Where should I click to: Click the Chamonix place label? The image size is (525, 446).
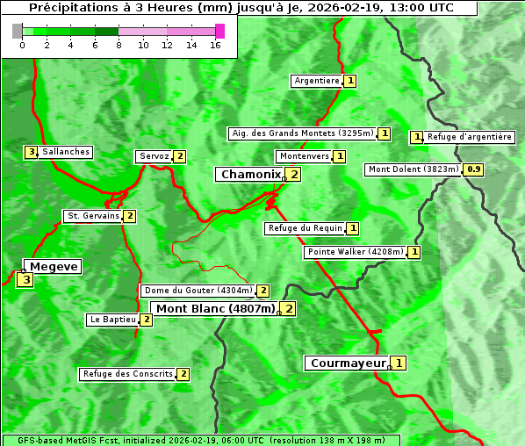(250, 175)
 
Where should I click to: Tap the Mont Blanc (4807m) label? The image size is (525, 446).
(216, 308)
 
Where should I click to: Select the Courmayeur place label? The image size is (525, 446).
(349, 363)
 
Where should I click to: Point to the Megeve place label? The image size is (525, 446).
(54, 267)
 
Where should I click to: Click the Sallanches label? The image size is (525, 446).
(66, 152)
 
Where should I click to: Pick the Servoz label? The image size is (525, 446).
(154, 156)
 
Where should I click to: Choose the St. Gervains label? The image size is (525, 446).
(93, 216)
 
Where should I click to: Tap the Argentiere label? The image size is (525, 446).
(317, 81)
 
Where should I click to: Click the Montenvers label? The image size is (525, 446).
(304, 156)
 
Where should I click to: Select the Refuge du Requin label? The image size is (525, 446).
(305, 228)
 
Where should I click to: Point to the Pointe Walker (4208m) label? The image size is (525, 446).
(356, 252)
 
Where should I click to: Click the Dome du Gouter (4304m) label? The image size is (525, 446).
(198, 291)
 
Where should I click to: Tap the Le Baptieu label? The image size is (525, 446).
(113, 320)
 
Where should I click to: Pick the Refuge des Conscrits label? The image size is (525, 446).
(128, 374)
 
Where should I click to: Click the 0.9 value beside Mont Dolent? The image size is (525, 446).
(474, 169)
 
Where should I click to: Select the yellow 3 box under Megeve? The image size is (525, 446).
(25, 281)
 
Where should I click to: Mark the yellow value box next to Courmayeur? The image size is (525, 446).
(399, 363)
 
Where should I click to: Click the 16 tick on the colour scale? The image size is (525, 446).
(215, 44)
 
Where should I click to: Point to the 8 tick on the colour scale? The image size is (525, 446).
(119, 44)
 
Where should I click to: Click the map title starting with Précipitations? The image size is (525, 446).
(241, 8)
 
